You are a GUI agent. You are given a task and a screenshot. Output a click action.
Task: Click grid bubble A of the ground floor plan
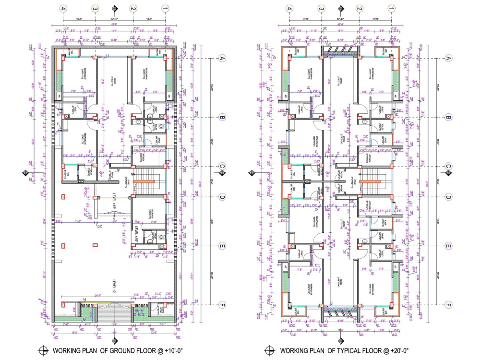[222, 58]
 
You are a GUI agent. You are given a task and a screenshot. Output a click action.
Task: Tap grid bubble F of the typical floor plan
[448, 305]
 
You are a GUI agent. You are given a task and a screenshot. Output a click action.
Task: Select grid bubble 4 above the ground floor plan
[63, 9]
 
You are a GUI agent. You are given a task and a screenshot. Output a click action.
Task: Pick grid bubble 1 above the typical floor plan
[391, 9]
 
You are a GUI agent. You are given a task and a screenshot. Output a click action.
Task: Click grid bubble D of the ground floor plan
[222, 197]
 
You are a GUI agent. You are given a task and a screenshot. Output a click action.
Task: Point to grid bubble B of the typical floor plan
[448, 117]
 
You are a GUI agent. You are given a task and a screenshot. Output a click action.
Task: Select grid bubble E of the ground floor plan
[222, 246]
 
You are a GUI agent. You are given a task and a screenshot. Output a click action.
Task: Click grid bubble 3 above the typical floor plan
[321, 9]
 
